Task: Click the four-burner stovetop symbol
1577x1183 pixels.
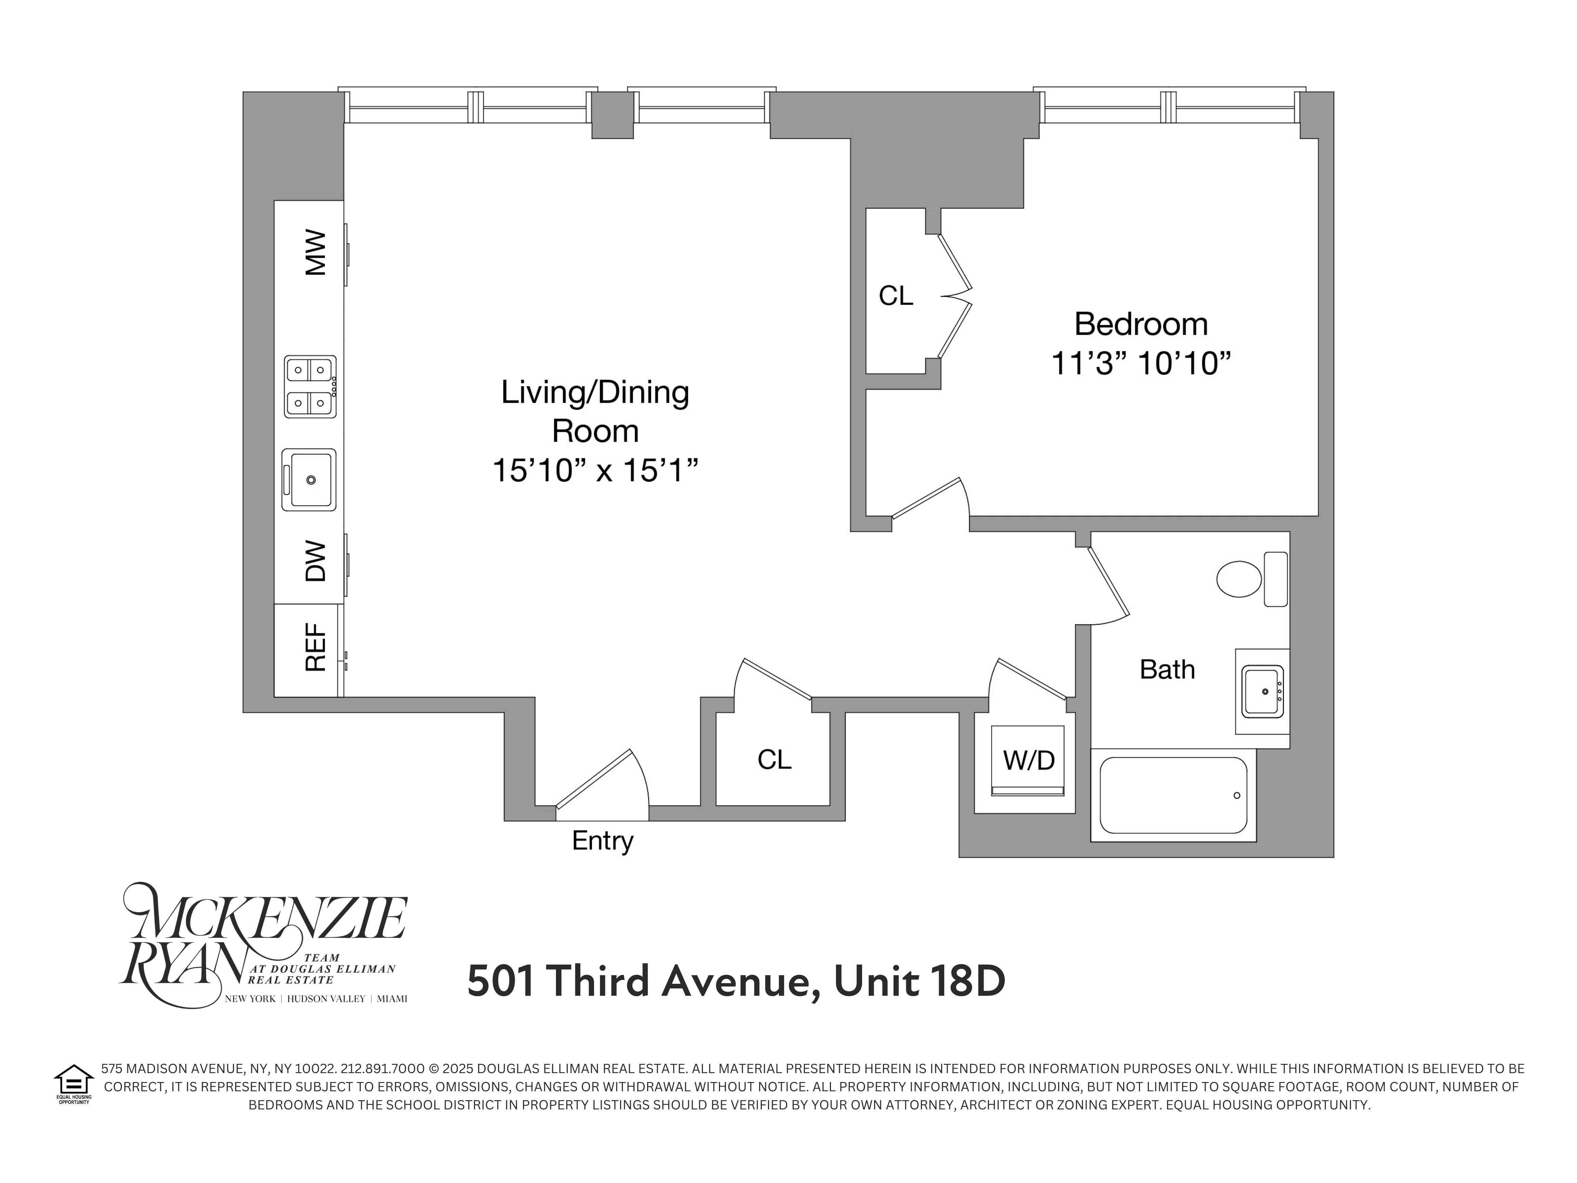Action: click(x=310, y=386)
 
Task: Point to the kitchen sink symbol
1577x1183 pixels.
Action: click(x=309, y=479)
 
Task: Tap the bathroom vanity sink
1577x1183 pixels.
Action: click(x=1262, y=691)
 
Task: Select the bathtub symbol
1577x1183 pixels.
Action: click(x=1173, y=795)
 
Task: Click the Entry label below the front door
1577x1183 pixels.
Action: click(x=602, y=841)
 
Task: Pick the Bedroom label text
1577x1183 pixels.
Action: click(x=1141, y=325)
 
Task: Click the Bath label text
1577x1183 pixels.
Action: click(x=1167, y=670)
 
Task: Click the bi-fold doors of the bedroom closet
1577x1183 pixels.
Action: click(x=955, y=296)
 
